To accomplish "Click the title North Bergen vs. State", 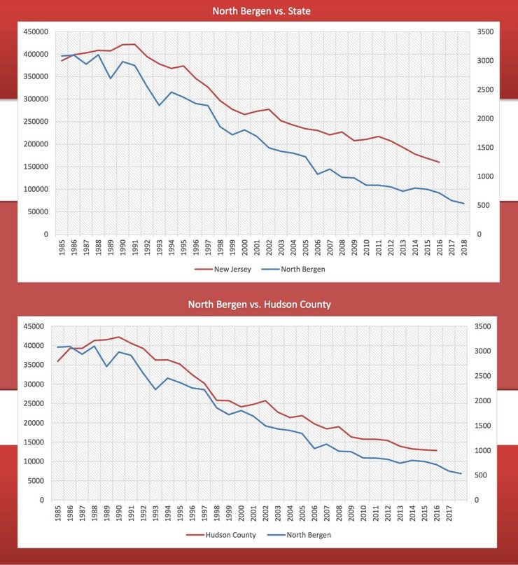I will point(259,11).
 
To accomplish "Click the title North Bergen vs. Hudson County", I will point(259,305).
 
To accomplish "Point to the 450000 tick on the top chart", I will point(35,32).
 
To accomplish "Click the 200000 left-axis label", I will point(35,144).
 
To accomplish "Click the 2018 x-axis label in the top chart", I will point(463,248).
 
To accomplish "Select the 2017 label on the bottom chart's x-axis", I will point(448,515).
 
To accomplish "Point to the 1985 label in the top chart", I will point(62,248).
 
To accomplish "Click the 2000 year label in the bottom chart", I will point(241,515).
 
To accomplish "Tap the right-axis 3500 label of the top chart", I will point(486,32).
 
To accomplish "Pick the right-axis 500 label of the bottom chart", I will point(484,475).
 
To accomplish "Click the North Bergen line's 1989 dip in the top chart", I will point(110,78).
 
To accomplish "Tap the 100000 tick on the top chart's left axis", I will point(35,189).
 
